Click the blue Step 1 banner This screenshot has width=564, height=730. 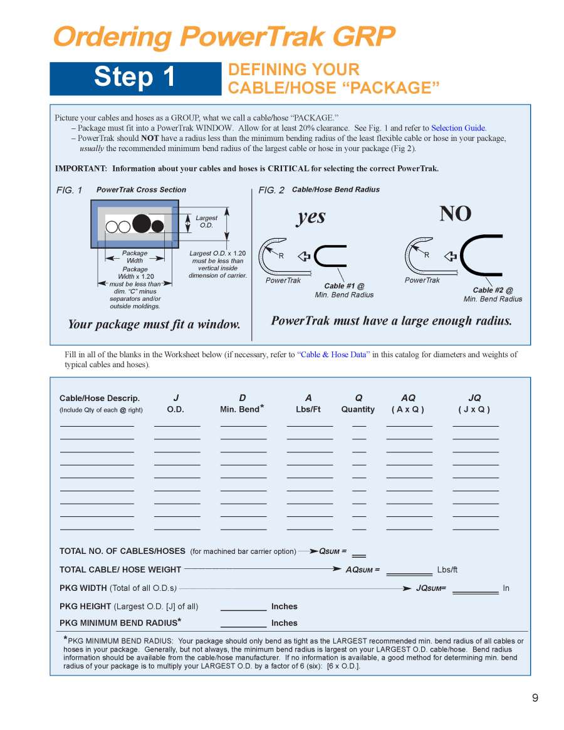tap(135, 78)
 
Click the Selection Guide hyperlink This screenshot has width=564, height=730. tap(458, 128)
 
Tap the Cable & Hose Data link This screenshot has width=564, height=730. tap(332, 355)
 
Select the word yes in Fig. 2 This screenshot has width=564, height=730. tap(311, 217)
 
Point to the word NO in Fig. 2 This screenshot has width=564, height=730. tap(455, 214)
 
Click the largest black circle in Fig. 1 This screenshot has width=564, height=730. tap(142, 223)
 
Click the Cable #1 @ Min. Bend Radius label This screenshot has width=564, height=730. tap(344, 290)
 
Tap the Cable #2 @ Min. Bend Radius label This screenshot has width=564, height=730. tap(493, 295)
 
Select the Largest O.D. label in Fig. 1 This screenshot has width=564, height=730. tap(206, 222)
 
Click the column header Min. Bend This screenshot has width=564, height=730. tap(241, 410)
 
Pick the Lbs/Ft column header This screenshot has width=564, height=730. tap(308, 410)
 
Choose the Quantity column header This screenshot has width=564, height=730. tap(358, 410)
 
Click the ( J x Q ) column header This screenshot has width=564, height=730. tap(474, 410)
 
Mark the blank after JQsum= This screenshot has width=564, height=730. tap(475, 590)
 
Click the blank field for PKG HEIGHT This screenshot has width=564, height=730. tap(243, 608)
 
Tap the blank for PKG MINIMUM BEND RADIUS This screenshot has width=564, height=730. tap(243, 624)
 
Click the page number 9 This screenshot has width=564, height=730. tap(535, 698)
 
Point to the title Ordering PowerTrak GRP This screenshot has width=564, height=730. tap(224, 38)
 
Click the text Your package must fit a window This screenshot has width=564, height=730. tap(154, 325)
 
